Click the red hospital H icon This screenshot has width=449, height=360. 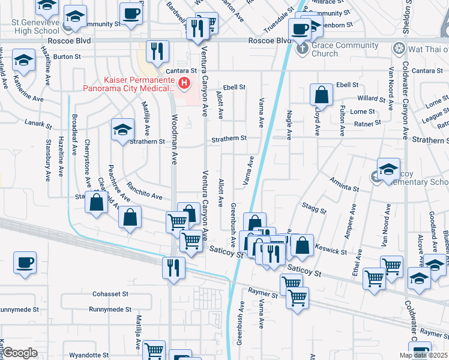185,83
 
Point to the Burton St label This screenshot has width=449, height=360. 67,56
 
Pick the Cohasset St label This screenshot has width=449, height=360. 110,294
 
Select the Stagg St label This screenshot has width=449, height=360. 314,208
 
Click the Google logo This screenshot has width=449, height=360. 20,353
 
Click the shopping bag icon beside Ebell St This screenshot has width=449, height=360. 322,95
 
